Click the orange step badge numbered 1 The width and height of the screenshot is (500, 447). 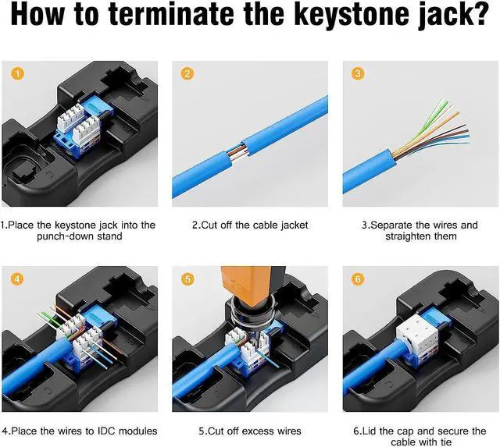coord(17,74)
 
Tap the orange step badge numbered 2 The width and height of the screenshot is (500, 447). coord(187,74)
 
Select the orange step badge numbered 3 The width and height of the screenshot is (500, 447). coord(357,74)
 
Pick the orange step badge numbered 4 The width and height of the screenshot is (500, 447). coord(17,279)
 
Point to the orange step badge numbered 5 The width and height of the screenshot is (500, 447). coord(187,279)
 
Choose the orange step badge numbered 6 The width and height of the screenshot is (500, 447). coord(357,279)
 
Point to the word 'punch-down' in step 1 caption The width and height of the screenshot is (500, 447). coord(66,236)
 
